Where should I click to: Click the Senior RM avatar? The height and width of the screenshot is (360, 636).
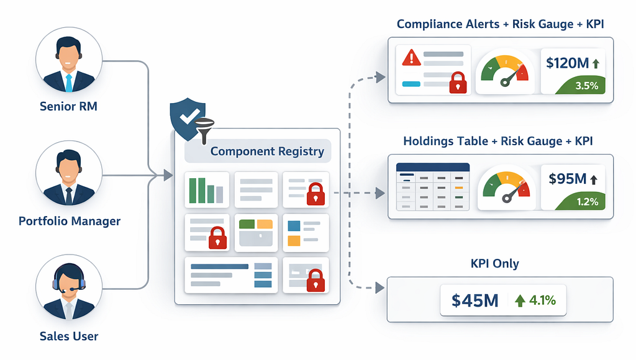tap(68, 60)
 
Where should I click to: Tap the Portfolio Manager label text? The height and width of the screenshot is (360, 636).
tap(70, 221)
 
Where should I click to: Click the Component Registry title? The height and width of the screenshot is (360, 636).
tap(267, 151)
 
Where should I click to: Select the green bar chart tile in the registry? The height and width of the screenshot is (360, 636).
tap(206, 190)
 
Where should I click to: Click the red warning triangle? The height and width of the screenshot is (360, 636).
tap(411, 58)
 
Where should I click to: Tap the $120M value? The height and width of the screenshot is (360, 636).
tap(567, 63)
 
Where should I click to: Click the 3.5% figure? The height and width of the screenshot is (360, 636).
tap(586, 86)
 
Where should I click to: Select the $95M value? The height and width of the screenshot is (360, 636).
tap(568, 179)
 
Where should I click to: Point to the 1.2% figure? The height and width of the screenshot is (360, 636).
tap(588, 202)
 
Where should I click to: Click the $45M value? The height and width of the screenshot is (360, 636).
tap(475, 300)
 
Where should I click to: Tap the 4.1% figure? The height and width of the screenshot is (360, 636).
tap(542, 300)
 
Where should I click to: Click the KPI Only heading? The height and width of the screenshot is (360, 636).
tap(494, 264)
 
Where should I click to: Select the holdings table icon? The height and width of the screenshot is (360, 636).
tap(432, 187)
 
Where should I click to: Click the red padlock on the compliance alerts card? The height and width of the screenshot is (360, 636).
tap(458, 83)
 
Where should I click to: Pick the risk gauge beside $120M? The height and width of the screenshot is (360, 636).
tap(505, 71)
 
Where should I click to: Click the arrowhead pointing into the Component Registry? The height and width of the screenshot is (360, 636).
tap(168, 176)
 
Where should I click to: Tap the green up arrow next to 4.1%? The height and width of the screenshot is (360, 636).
tap(520, 300)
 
